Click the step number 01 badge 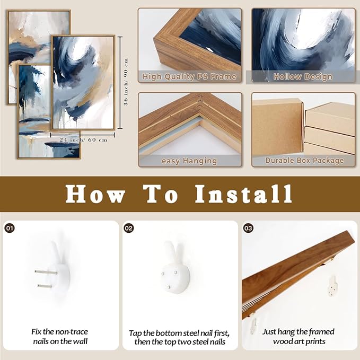coord(9,228)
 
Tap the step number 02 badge coord(128,228)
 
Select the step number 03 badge coord(248,228)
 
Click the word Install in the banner coord(243,194)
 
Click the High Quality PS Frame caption coord(189,77)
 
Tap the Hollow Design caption coord(303,77)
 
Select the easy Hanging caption coord(189,161)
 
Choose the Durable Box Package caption coord(303,161)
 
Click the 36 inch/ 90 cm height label coord(126,82)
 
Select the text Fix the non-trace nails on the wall coord(59,337)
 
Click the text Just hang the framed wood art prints coord(298,337)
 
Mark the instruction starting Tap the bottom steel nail coord(179,337)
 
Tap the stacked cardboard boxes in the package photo coord(329,130)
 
